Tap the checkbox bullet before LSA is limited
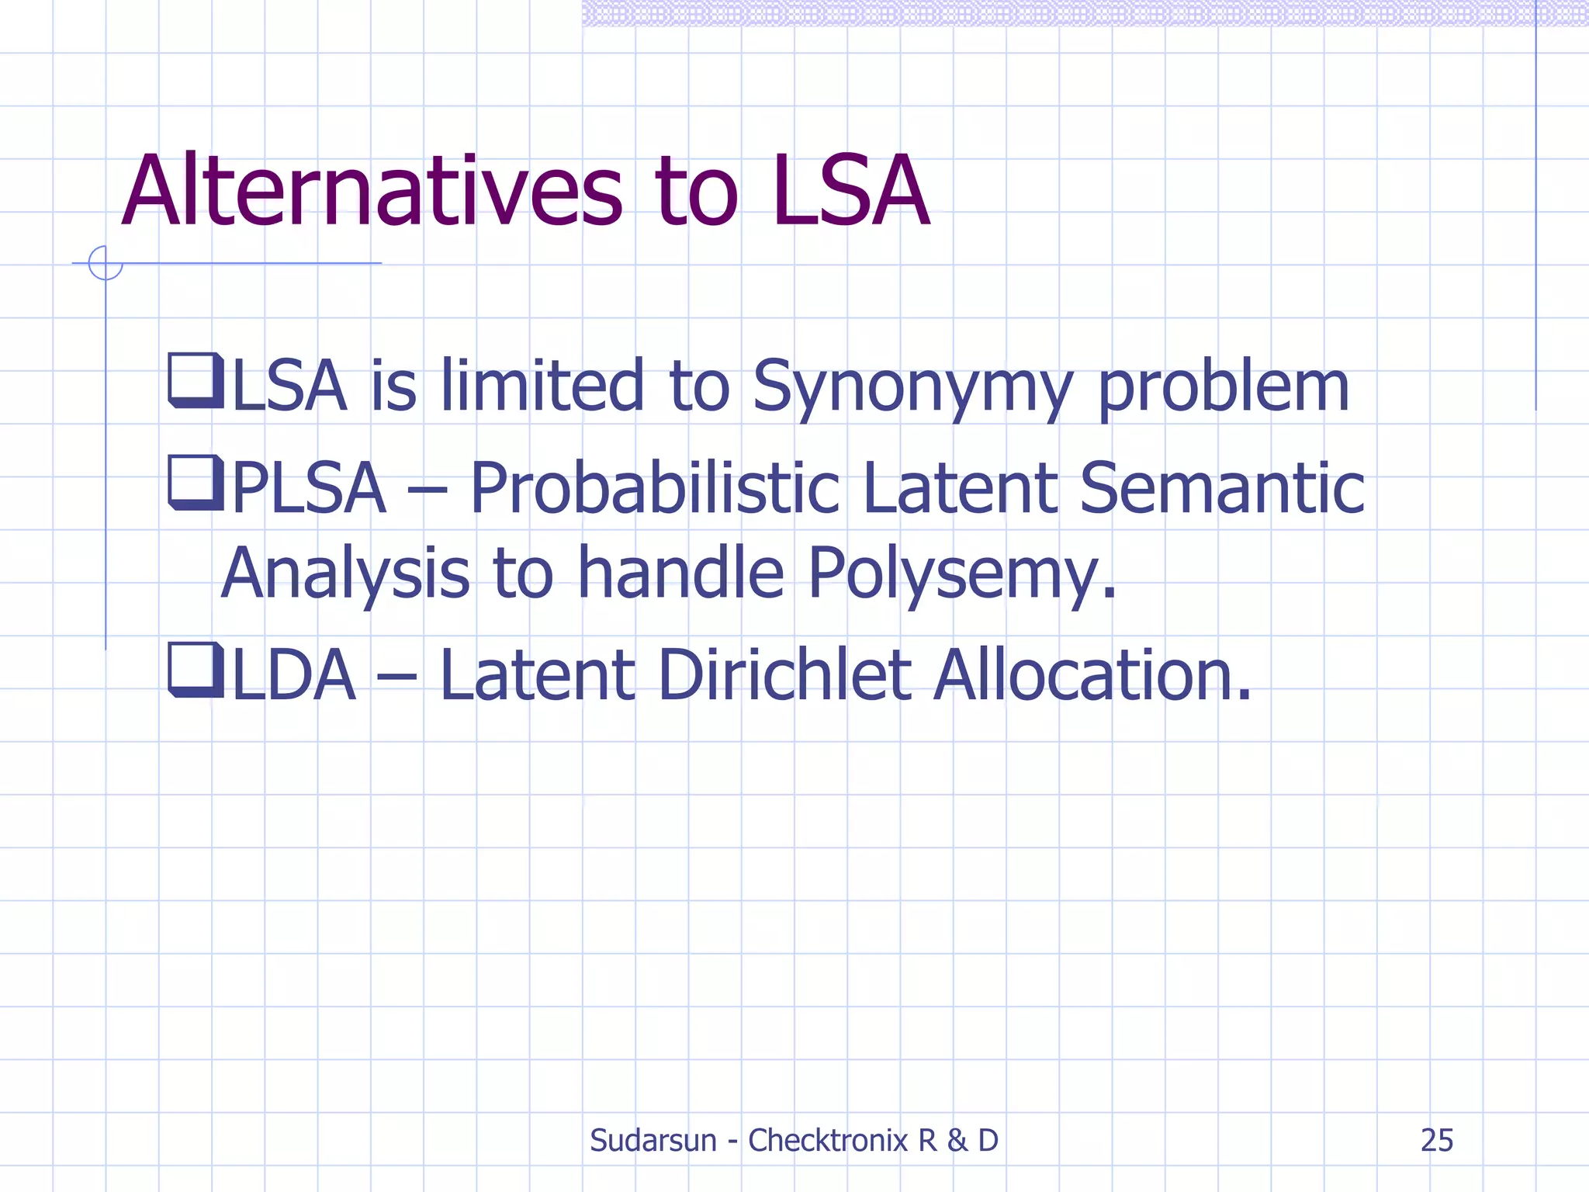[x=195, y=380]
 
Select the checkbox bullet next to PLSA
[x=195, y=483]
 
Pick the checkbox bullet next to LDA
[x=195, y=670]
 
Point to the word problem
[x=1224, y=386]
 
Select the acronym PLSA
[x=309, y=488]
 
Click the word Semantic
[x=1222, y=488]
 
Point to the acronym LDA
[x=294, y=674]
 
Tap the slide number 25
[x=1436, y=1140]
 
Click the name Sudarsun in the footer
[x=653, y=1140]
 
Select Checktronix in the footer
[x=827, y=1140]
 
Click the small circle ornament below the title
[x=106, y=263]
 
